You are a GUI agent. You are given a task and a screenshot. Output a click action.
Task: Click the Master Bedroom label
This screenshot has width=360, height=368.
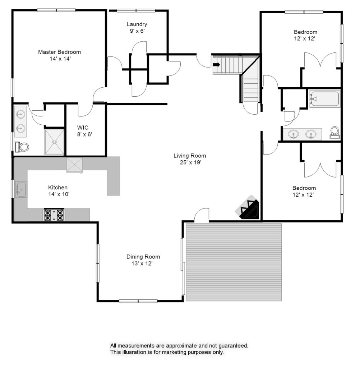click(59, 52)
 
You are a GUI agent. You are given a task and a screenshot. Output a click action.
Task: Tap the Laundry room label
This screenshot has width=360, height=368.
click(137, 24)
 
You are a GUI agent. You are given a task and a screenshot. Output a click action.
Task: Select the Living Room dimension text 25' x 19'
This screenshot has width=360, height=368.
click(190, 162)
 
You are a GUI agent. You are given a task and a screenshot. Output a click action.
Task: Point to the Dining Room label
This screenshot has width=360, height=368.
click(143, 257)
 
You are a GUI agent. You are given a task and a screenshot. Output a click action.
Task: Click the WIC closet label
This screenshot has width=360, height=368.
click(83, 128)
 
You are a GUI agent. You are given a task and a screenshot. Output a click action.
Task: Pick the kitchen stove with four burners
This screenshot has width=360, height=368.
click(54, 215)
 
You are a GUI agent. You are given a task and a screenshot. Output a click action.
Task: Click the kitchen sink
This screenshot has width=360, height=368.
click(21, 189)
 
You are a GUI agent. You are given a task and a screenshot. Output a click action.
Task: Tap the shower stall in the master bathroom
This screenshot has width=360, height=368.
click(54, 142)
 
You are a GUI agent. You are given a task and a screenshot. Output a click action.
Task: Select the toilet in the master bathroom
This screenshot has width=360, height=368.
click(22, 147)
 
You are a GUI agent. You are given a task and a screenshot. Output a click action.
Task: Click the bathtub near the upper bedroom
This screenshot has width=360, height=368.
click(324, 99)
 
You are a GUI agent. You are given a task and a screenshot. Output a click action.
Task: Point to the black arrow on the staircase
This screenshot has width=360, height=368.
click(217, 64)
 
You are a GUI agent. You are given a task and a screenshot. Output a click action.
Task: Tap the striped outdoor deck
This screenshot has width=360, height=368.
click(234, 262)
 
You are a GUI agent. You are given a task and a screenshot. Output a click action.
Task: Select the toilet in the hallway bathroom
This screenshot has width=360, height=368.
click(334, 133)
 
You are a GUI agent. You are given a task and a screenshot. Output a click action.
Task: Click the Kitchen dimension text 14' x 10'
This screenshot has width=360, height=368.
click(59, 194)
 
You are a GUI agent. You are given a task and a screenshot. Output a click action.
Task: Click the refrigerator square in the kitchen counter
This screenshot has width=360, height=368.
click(74, 165)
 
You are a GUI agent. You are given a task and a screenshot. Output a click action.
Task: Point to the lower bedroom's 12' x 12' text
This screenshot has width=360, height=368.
click(303, 194)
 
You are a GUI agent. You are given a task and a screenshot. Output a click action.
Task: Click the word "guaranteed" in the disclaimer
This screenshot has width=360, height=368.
click(234, 346)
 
